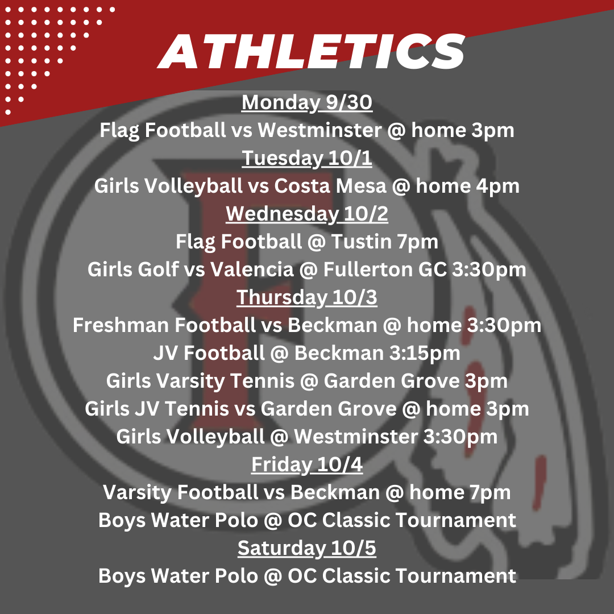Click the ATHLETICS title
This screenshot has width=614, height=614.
point(312,51)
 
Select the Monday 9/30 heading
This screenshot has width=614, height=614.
point(306,102)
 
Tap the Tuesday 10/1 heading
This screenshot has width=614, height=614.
point(306,158)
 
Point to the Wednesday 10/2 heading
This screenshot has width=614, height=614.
point(306,214)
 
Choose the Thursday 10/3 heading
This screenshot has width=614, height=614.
point(306,297)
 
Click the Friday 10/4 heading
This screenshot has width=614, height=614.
point(306,464)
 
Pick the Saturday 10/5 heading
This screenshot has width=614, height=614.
point(306,548)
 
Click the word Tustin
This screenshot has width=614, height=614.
point(362,242)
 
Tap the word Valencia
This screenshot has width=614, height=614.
point(252,269)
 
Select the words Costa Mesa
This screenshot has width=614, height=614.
point(330,185)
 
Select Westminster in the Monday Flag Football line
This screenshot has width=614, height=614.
point(320,130)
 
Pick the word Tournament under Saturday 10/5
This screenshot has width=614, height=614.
point(455,575)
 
